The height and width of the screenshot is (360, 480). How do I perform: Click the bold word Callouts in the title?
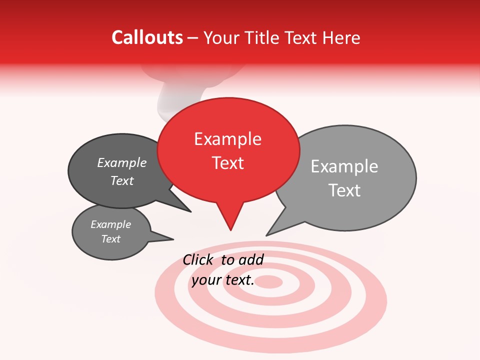[x=147, y=37]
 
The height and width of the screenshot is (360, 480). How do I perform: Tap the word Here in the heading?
[x=342, y=38]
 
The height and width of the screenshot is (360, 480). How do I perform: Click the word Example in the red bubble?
[x=227, y=139]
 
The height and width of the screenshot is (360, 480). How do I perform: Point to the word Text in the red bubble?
[x=228, y=163]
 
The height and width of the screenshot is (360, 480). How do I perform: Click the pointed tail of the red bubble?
[x=230, y=222]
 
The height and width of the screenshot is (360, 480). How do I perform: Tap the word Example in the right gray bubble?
[x=344, y=166]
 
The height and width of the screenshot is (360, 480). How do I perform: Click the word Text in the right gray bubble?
[x=344, y=190]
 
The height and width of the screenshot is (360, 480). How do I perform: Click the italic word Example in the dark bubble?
[x=122, y=163]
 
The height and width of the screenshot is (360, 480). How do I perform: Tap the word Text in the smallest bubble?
[x=111, y=239]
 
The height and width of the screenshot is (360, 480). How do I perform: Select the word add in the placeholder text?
[x=251, y=260]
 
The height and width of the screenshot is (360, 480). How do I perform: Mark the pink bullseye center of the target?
[x=270, y=281]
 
